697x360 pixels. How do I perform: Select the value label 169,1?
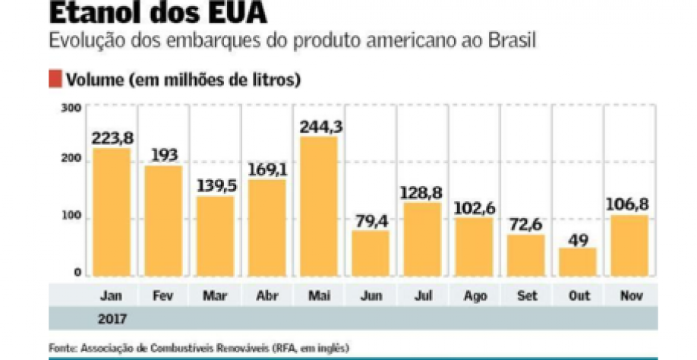coord(266,168)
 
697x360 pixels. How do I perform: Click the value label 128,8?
coord(423,191)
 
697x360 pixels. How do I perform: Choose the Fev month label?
coord(163,295)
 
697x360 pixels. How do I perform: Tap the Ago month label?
coord(475,295)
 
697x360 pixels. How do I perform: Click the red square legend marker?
coord(55,79)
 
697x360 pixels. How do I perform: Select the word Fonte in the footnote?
coord(62,347)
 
